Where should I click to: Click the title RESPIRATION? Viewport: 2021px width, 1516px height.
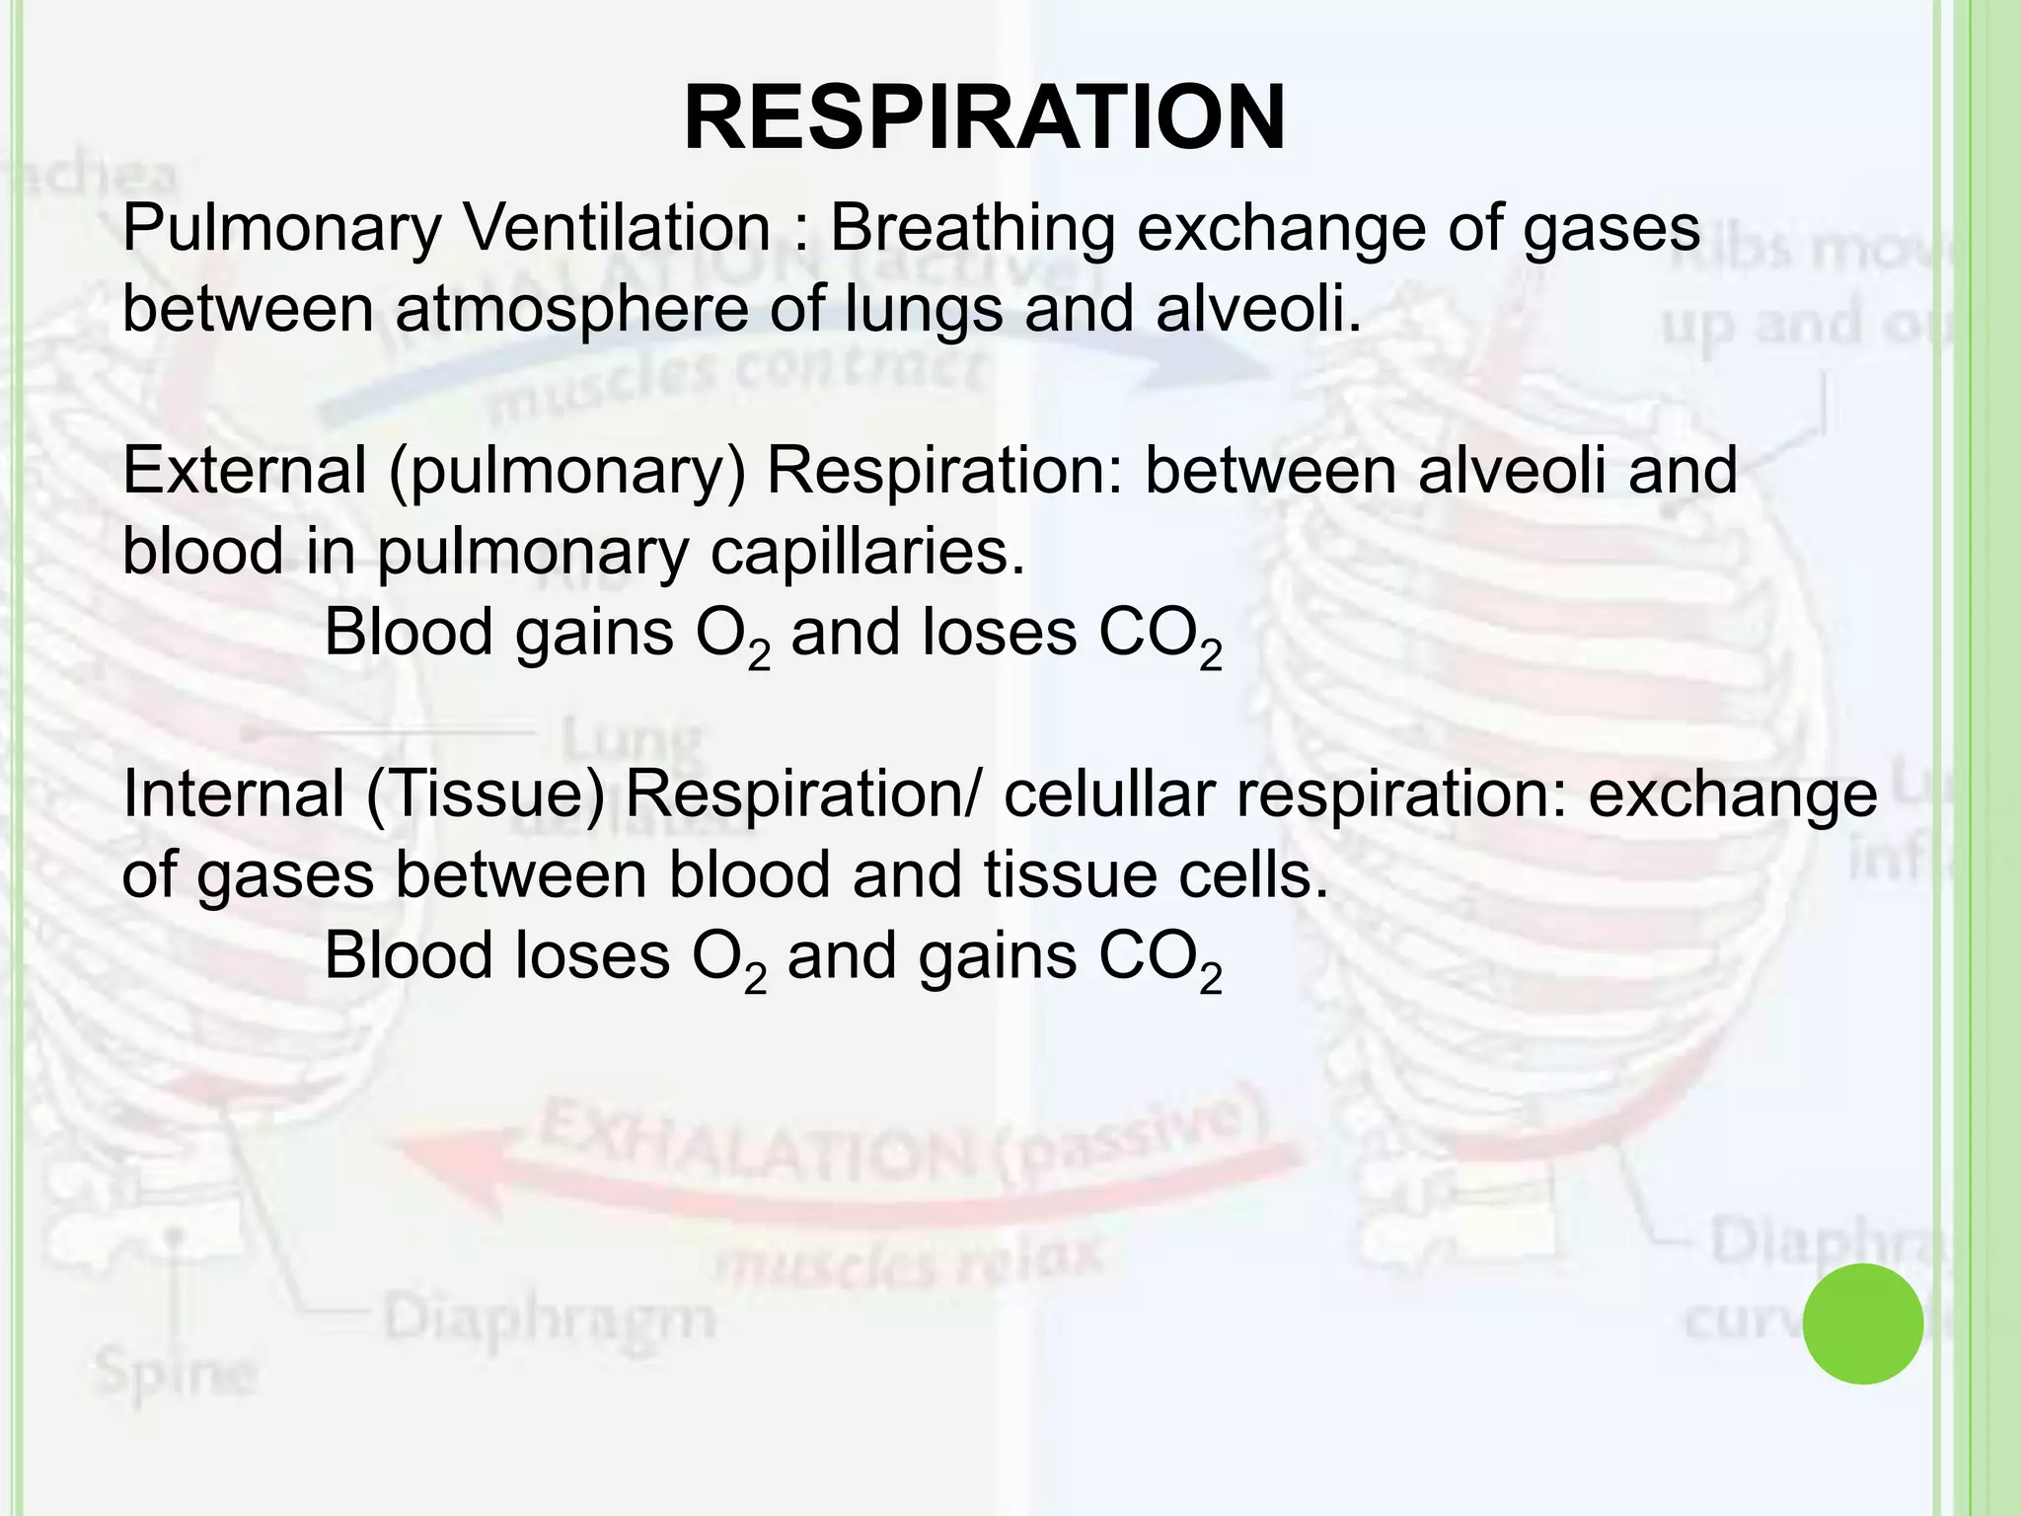(x=984, y=118)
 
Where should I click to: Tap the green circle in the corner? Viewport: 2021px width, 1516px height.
(x=1862, y=1324)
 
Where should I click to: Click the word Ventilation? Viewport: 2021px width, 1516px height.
(x=617, y=228)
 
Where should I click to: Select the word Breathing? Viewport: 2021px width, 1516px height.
(x=972, y=228)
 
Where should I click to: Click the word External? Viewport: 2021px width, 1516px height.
(x=244, y=471)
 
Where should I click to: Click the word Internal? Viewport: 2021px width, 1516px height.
(x=232, y=795)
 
